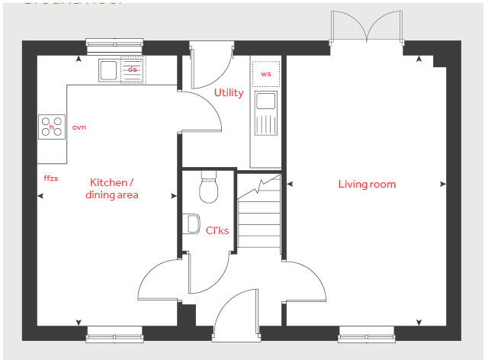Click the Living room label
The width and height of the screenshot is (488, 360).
pos(367,184)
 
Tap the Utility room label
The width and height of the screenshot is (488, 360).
pos(229,93)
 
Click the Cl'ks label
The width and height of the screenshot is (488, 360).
pos(217,230)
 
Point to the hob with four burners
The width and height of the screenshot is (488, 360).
pos(52,127)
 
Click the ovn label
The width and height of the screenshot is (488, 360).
pos(79,127)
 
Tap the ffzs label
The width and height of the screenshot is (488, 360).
pos(51,178)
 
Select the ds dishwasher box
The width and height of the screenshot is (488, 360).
pos(133,70)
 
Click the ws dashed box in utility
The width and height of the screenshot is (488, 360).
pos(266,74)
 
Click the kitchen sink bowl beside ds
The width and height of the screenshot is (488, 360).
pos(108,71)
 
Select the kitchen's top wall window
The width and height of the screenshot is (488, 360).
pos(114,46)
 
